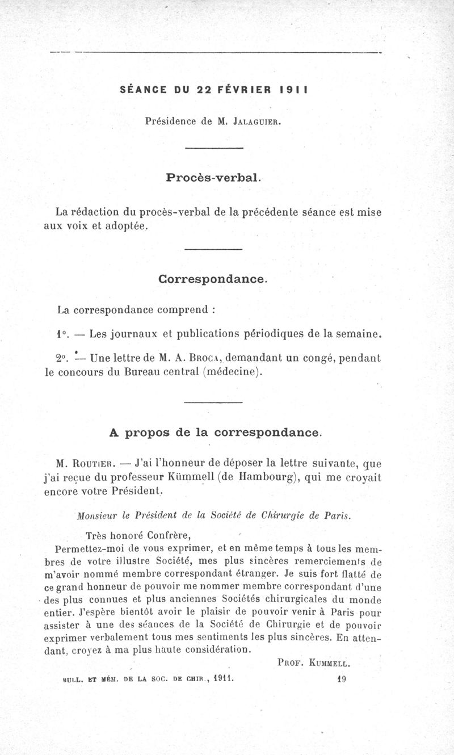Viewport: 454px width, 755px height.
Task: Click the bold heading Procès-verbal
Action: (213, 177)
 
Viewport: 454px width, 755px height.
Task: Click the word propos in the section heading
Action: (148, 433)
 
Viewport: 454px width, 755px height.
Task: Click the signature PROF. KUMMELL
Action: (314, 662)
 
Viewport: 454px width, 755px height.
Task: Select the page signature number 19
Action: (342, 678)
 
